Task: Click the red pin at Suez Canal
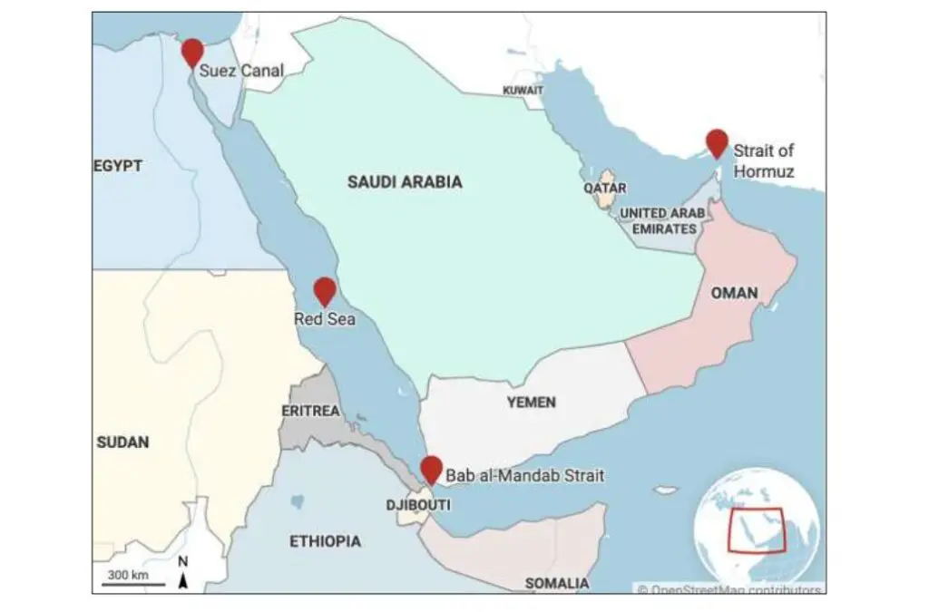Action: point(192,52)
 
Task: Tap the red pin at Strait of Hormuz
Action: point(717,142)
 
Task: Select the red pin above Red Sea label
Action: point(325,290)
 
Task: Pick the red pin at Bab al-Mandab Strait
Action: point(432,469)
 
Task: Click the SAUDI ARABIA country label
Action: point(405,182)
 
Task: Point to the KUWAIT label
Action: point(523,91)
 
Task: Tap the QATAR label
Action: point(604,188)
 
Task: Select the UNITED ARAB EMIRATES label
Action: point(662,221)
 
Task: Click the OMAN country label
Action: point(734,294)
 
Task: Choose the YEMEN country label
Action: point(532,402)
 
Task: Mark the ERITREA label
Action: point(310,411)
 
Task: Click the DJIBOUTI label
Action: point(417,505)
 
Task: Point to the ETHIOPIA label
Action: point(325,541)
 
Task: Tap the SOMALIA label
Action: point(556,583)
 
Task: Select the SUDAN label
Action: point(122,442)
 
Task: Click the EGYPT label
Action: point(118,166)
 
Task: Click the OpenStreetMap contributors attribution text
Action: point(730,589)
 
